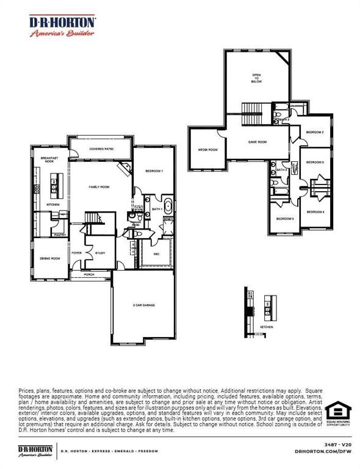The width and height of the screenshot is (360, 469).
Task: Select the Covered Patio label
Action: [101, 148]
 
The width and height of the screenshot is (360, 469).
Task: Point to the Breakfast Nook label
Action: [49, 159]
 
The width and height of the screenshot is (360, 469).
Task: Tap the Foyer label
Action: [77, 252]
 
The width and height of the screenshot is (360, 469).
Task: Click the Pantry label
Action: [60, 234]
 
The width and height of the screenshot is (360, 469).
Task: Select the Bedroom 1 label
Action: [153, 171]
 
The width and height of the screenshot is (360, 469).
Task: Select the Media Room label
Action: [207, 150]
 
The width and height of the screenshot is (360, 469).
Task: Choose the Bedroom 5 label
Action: [285, 219]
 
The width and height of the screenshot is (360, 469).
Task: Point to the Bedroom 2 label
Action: [315, 132]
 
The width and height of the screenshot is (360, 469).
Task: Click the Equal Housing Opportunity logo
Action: [337, 415]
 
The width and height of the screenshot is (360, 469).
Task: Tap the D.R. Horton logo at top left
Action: [63, 26]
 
